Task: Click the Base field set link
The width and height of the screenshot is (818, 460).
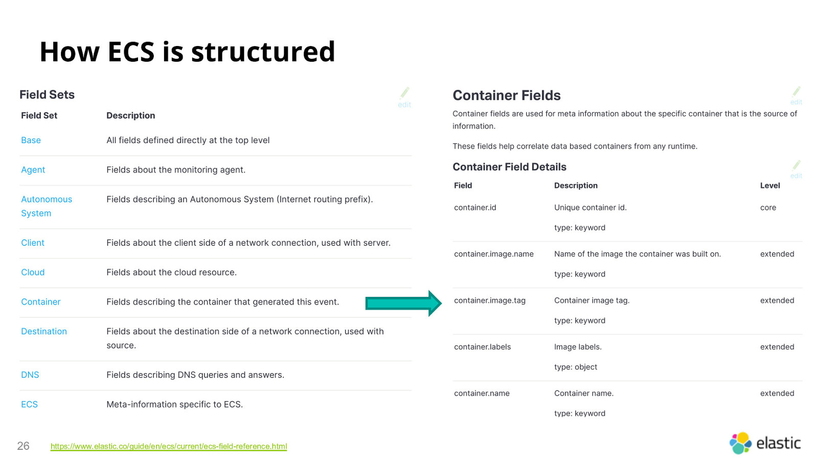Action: pyautogui.click(x=31, y=140)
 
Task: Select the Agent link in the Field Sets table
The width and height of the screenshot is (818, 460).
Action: pyautogui.click(x=33, y=170)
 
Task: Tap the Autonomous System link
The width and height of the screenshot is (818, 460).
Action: pyautogui.click(x=47, y=206)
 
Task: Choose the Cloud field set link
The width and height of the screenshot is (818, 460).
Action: pyautogui.click(x=33, y=272)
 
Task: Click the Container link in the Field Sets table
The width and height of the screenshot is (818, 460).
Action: pyautogui.click(x=40, y=302)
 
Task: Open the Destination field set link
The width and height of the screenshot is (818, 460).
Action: pyautogui.click(x=44, y=332)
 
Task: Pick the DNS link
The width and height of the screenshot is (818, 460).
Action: pyautogui.click(x=30, y=375)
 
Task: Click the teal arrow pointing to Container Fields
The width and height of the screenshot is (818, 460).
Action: pyautogui.click(x=403, y=304)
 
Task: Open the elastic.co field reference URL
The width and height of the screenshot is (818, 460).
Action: pyautogui.click(x=169, y=446)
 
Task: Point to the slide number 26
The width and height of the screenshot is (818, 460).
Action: pyautogui.click(x=23, y=446)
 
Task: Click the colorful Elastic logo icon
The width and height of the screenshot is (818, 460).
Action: pyautogui.click(x=740, y=443)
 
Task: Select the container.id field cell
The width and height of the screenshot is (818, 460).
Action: pyautogui.click(x=475, y=208)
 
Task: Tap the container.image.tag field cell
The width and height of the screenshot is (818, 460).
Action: pyautogui.click(x=490, y=301)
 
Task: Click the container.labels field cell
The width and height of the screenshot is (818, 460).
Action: pyautogui.click(x=483, y=347)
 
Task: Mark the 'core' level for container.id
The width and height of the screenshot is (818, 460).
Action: pyautogui.click(x=768, y=208)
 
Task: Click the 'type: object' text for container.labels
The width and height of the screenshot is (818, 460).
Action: pyautogui.click(x=576, y=367)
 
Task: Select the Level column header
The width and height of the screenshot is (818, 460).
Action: pyautogui.click(x=770, y=186)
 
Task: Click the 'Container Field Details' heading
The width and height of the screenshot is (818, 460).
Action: pyautogui.click(x=509, y=167)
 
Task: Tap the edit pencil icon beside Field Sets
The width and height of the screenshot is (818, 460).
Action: pyautogui.click(x=404, y=93)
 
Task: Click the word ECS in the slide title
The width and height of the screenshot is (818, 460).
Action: pyautogui.click(x=131, y=52)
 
